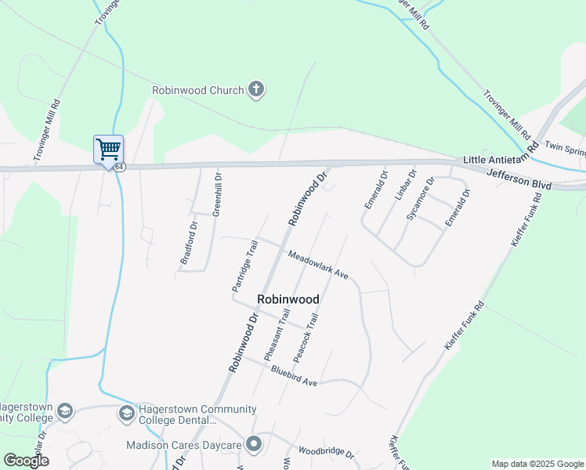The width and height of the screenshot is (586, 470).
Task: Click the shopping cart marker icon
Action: click(x=108, y=149)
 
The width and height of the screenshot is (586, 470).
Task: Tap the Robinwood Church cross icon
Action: click(x=255, y=90)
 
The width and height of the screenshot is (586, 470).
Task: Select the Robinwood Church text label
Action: click(x=198, y=90)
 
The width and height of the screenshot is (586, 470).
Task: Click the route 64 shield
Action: click(x=118, y=167)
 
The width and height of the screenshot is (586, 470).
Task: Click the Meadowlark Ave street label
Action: click(x=317, y=265)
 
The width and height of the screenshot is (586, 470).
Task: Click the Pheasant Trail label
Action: click(x=277, y=335)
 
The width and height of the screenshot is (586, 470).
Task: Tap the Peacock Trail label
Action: click(x=306, y=338)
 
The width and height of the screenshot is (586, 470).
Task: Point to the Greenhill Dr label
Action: click(x=218, y=194)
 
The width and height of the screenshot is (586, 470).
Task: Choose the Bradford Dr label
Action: click(x=189, y=246)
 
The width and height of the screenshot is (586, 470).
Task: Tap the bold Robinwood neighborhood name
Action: click(x=288, y=299)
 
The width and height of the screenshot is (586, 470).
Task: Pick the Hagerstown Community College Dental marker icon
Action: click(x=125, y=413)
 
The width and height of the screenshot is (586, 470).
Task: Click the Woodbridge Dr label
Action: click(x=327, y=453)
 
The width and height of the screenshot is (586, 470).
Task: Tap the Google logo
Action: click(x=26, y=460)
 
